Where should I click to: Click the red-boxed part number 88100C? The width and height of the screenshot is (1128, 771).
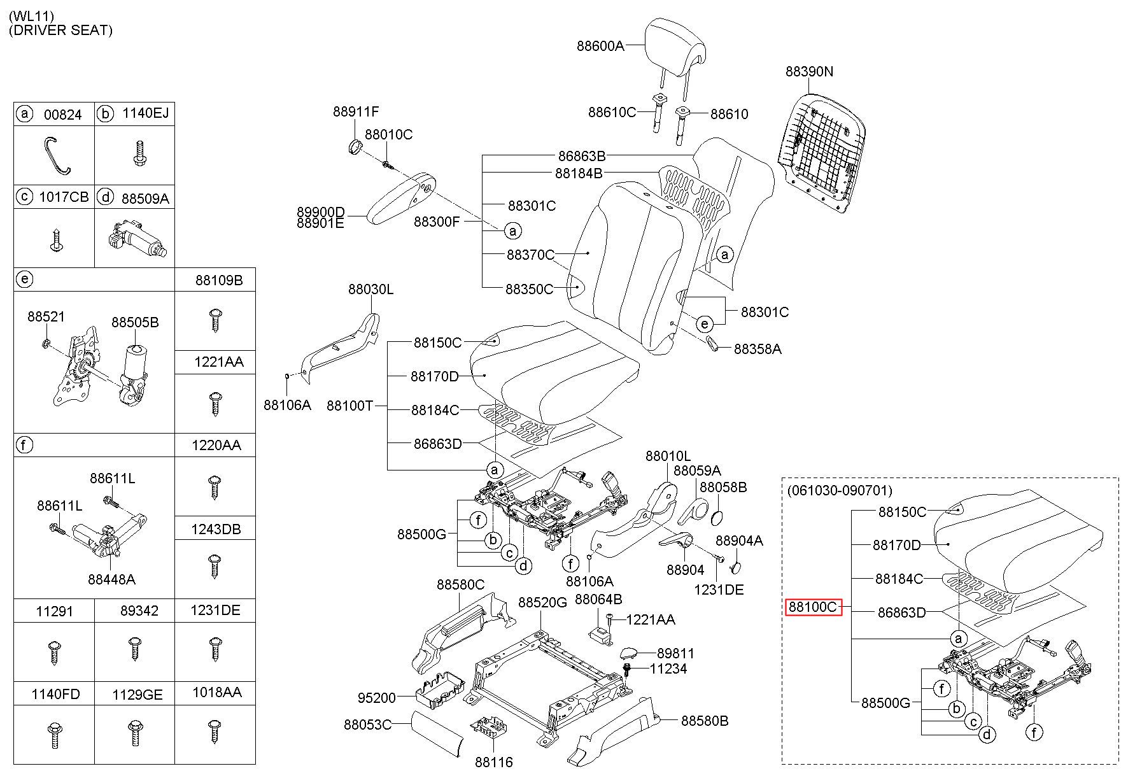pos(812,607)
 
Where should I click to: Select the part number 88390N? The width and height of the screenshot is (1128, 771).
pos(808,72)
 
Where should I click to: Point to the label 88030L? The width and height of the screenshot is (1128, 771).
pos(370,289)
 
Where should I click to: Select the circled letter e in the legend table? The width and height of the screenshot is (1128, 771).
pos(24,279)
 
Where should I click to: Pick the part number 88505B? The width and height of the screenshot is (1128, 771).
pos(135,323)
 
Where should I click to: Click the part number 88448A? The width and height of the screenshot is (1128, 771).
pos(111,579)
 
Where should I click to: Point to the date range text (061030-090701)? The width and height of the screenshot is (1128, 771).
pos(840,490)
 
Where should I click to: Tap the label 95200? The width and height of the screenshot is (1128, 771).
pos(376,698)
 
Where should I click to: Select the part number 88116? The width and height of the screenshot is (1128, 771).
pos(493,762)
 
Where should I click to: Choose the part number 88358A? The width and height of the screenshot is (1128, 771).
pos(758,349)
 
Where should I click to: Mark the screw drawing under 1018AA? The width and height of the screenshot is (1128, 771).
pos(215,732)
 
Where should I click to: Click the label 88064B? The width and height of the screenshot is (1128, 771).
pos(598,599)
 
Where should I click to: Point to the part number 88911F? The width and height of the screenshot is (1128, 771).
pos(356,111)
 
